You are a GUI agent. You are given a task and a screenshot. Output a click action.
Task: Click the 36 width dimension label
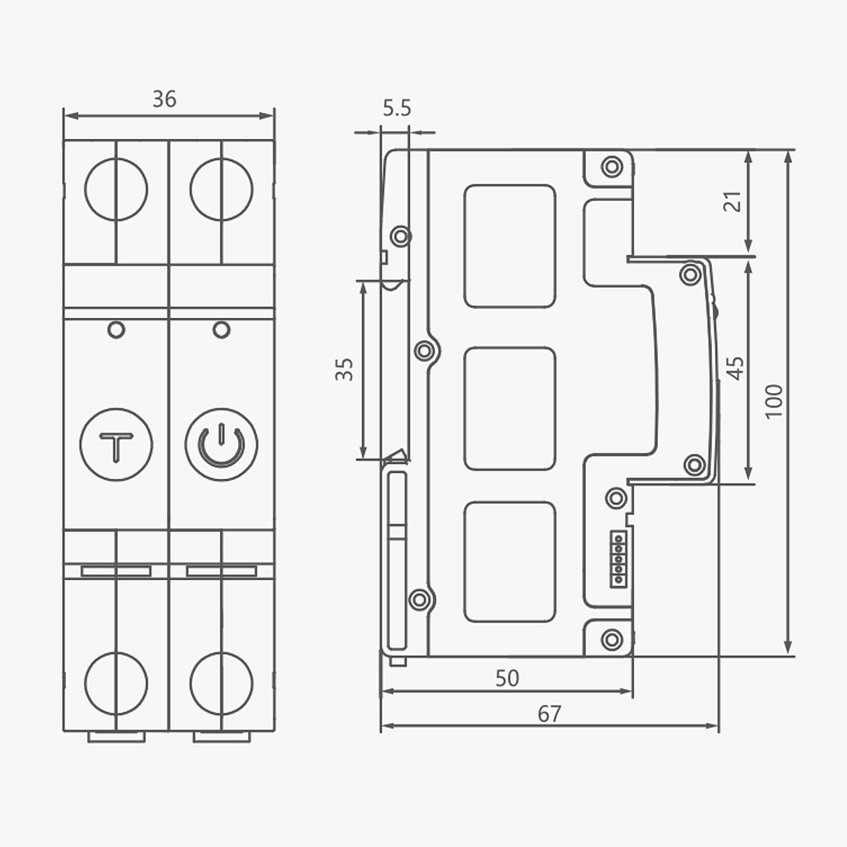pos(164,99)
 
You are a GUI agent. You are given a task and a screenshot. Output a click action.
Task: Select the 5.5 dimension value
pos(397,108)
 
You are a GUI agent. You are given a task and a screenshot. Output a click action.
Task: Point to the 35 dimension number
pos(345,370)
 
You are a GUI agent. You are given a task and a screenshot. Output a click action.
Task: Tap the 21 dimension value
pos(732,202)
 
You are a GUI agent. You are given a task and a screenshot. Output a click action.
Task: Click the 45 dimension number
pos(736,368)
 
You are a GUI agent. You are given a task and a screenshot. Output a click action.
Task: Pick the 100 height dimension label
pos(774,401)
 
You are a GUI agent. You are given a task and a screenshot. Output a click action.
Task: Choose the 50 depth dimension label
pos(507,678)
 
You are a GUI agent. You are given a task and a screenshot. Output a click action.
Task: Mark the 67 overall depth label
pos(549,714)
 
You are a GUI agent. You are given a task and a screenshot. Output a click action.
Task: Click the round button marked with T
pos(116,444)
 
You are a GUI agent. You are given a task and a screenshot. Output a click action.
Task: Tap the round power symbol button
pos(221,444)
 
